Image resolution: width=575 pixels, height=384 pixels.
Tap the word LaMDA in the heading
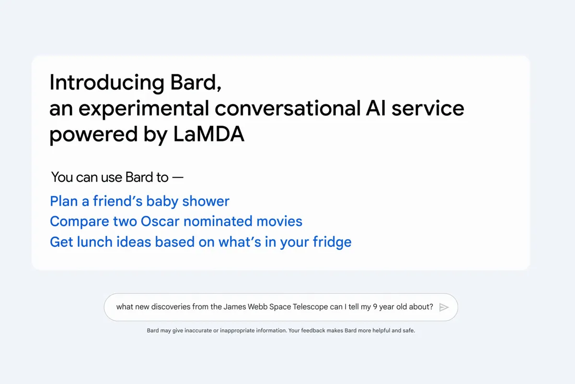(208, 135)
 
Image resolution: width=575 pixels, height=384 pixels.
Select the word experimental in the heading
(144, 109)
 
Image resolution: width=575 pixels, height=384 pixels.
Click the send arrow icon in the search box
(444, 307)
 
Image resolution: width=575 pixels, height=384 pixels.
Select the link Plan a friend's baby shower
(139, 201)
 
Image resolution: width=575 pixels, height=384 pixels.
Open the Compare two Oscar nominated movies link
(176, 221)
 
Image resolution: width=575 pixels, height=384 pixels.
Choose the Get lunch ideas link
(200, 241)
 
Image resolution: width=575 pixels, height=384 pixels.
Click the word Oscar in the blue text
(160, 221)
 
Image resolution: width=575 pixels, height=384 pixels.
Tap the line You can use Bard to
(117, 177)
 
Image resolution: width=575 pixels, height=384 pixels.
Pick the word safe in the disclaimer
(409, 331)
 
